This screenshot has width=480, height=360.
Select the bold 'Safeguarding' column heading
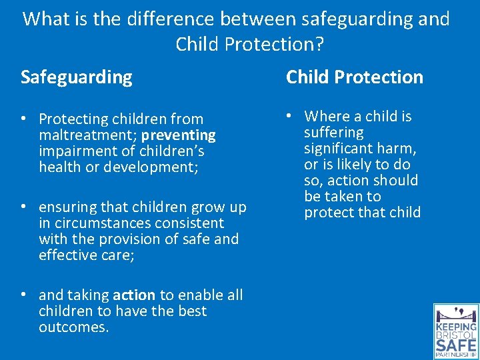click(x=77, y=77)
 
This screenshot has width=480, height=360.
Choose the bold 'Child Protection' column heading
click(x=355, y=77)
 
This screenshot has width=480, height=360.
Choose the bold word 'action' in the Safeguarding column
click(x=134, y=295)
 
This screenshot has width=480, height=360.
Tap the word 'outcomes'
click(x=72, y=327)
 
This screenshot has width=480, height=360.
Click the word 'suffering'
click(x=334, y=133)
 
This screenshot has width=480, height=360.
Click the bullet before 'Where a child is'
click(x=291, y=117)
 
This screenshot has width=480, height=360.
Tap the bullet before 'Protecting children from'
click(x=24, y=120)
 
